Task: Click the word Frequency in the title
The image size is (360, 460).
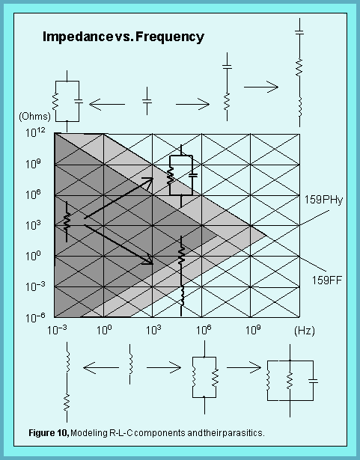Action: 170,37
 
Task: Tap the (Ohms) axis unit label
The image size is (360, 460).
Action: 34,117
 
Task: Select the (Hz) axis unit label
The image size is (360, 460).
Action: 304,331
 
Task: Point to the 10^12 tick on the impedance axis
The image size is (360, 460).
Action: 35,132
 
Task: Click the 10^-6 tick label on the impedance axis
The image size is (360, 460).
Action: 35,318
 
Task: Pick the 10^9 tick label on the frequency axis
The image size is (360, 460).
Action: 253,330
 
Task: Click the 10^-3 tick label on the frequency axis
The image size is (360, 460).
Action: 58,330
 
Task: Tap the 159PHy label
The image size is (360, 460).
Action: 323,200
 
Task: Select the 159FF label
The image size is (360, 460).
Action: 327,280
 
